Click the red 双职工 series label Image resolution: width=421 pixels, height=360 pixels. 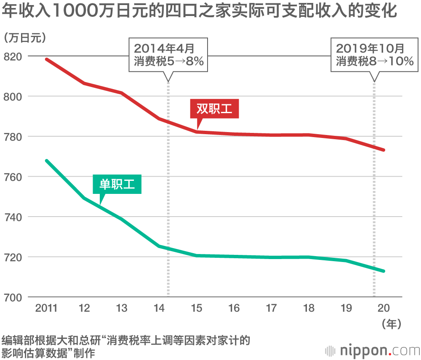[214, 109]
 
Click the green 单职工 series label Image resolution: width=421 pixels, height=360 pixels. [117, 184]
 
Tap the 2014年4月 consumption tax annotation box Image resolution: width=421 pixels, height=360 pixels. [168, 54]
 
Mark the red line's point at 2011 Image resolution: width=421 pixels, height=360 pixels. [47, 59]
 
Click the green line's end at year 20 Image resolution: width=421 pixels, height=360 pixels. [384, 271]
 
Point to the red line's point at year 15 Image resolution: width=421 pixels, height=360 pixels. [197, 132]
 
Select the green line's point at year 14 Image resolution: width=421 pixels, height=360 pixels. [159, 246]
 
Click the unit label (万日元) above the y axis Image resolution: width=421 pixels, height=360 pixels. [24, 38]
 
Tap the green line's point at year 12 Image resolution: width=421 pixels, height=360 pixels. [84, 198]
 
